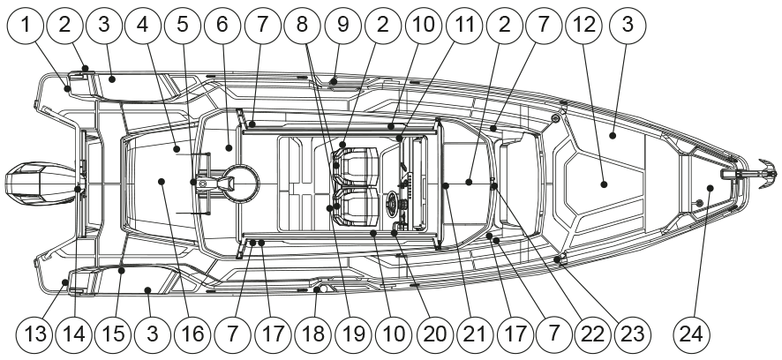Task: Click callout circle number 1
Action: pos(26,26)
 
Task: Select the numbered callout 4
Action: pos(143,26)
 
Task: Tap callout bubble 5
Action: pos(182,26)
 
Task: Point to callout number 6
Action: pos(222,26)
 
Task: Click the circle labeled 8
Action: pos(303,26)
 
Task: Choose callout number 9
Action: pos(342,26)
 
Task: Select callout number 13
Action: pos(35,334)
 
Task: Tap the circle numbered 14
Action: pos(74,334)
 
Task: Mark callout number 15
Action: pos(114,334)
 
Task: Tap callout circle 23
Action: pos(633,334)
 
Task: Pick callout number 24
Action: pos(692,334)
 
